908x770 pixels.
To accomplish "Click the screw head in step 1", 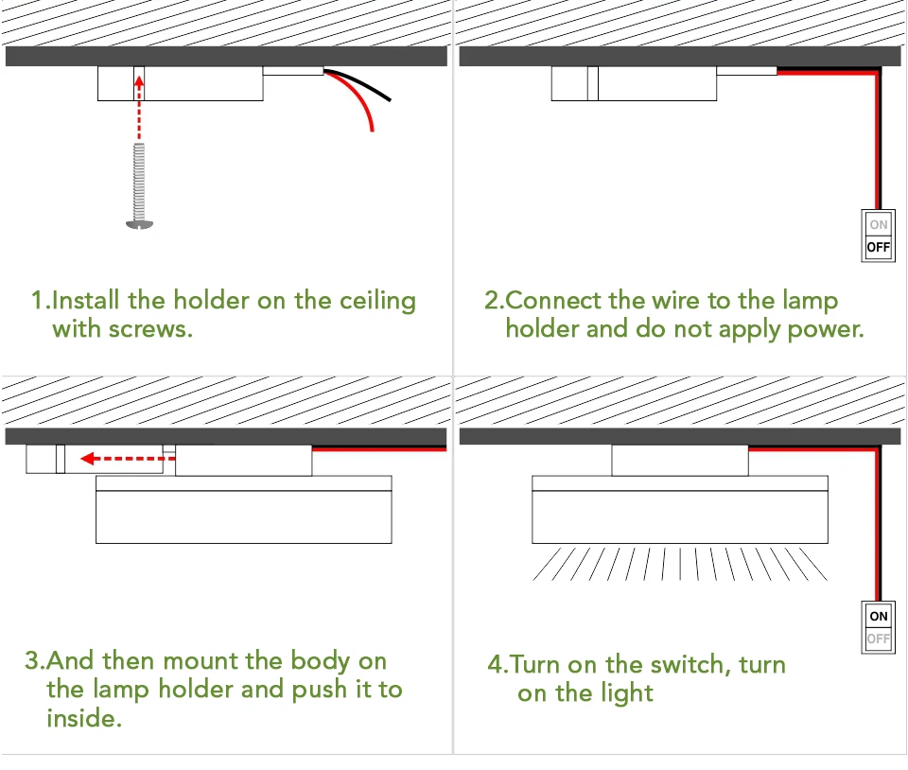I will click(138, 224).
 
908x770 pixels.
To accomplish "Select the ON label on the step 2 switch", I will click(879, 225).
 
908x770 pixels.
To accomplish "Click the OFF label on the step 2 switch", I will click(879, 248).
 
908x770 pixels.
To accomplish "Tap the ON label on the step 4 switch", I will click(879, 616).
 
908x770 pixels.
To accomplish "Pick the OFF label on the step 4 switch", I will click(879, 639).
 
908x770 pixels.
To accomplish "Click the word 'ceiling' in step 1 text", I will click(377, 302).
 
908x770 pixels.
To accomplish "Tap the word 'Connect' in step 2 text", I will click(554, 302).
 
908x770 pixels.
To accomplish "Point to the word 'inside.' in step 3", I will click(83, 718).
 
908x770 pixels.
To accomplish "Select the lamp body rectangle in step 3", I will click(243, 516).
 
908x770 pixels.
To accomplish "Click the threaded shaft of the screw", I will click(138, 179).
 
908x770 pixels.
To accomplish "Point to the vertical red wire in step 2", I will click(877, 142).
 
